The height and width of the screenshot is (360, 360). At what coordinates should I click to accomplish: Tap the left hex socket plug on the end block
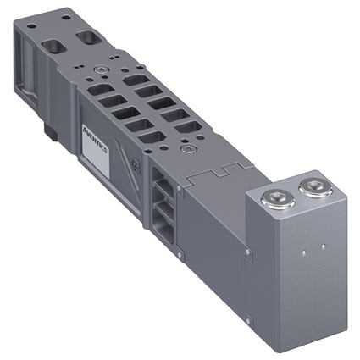(279, 199)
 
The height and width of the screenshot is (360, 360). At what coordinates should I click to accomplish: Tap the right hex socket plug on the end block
(316, 186)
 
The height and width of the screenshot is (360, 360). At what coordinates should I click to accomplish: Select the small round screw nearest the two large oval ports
(100, 69)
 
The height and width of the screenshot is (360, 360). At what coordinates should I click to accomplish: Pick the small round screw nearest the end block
(186, 147)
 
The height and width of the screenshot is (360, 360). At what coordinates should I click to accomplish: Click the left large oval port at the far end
(53, 47)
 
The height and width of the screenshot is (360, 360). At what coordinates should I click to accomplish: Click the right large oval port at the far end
(89, 37)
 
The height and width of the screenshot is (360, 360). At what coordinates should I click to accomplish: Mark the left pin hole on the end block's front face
(303, 252)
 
